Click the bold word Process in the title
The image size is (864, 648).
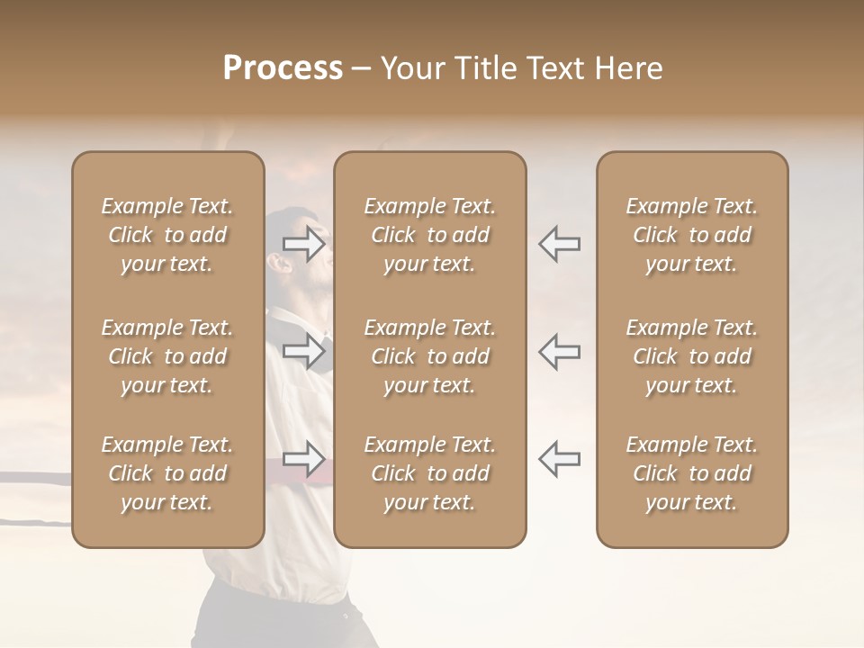coord(283,68)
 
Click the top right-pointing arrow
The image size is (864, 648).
coord(304,243)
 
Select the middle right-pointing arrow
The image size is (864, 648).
coord(304,351)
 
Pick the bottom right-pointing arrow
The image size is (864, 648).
coord(304,459)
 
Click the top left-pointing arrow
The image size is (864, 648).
coord(560,243)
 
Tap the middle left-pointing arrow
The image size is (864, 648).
coord(560,351)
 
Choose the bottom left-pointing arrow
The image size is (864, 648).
coord(560,459)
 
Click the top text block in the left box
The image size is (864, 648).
coord(167,235)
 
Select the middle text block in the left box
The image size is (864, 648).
coord(167,356)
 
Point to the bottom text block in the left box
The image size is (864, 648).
coord(167,473)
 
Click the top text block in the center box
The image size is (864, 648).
coord(430,235)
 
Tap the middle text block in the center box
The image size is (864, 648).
coord(430,356)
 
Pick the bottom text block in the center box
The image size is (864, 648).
coord(430,473)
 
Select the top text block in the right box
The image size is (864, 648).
coord(692,235)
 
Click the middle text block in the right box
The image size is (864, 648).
coord(692,356)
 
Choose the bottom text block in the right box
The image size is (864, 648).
coord(692,473)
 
